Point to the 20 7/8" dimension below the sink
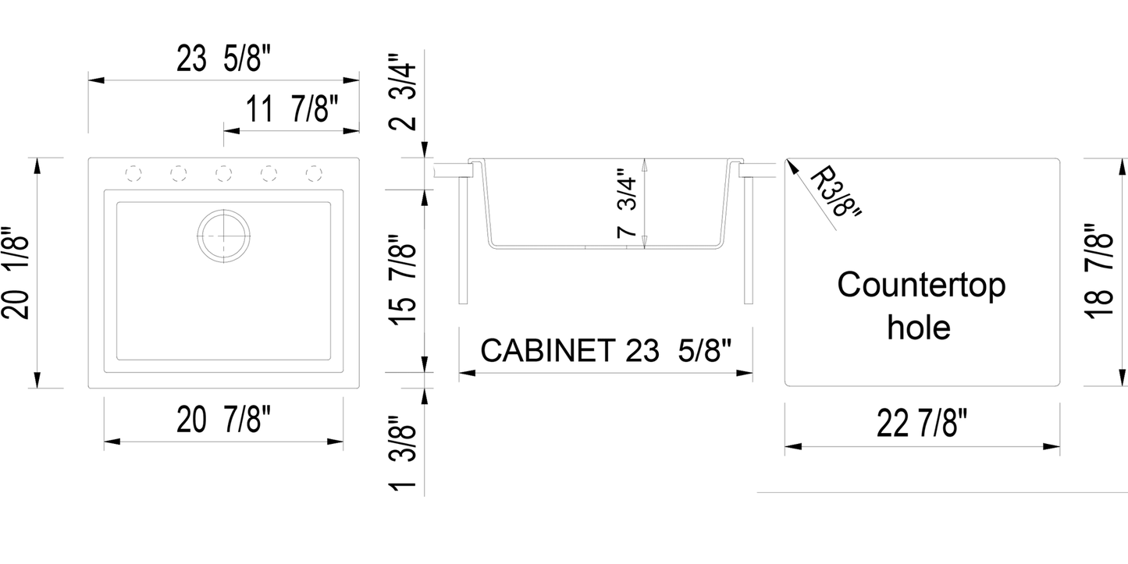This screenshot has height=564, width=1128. point(223,422)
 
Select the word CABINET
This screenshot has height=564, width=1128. point(546,350)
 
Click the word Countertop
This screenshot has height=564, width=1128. point(921,286)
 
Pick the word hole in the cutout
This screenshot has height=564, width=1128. point(919,327)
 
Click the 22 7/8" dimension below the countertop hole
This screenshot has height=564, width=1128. point(922,426)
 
